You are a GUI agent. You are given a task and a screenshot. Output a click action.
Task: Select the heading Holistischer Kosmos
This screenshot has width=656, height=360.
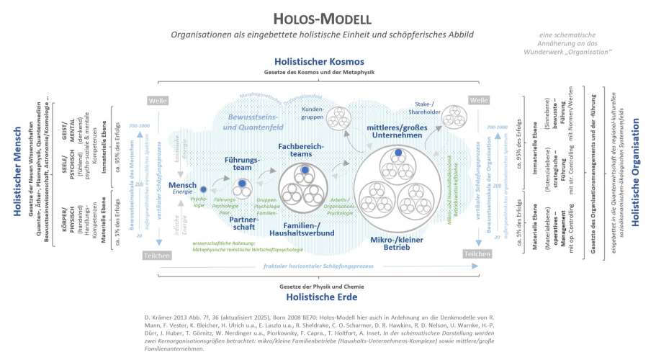coord(328,62)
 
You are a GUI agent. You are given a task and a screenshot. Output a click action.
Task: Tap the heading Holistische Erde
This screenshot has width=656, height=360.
coord(328,295)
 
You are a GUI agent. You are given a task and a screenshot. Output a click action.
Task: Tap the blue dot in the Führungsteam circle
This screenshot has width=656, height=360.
coord(243,184)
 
